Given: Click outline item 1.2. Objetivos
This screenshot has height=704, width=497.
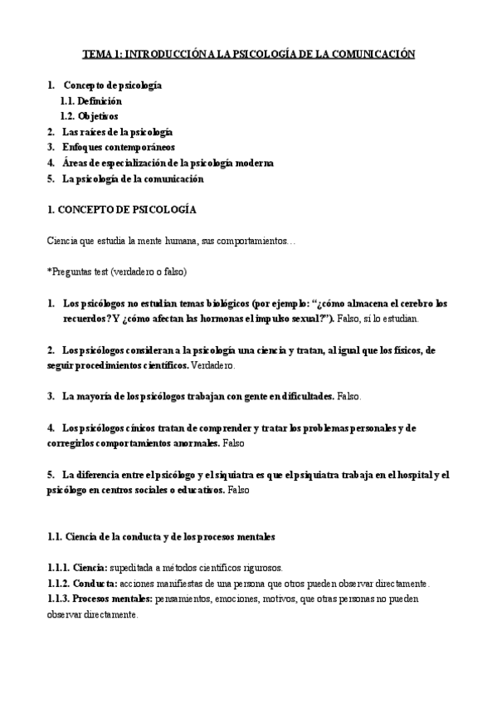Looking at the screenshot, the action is coord(89,115).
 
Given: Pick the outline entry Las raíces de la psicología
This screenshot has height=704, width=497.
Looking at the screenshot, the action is coord(117,131).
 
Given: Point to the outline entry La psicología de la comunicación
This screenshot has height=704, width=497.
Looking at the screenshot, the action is coord(133,178).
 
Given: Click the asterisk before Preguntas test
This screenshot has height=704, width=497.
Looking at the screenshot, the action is coord(50,271).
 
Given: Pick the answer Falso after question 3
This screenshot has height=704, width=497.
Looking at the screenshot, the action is coord(349,396).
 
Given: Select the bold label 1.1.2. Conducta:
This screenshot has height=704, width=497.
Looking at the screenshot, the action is coord(81,583).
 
